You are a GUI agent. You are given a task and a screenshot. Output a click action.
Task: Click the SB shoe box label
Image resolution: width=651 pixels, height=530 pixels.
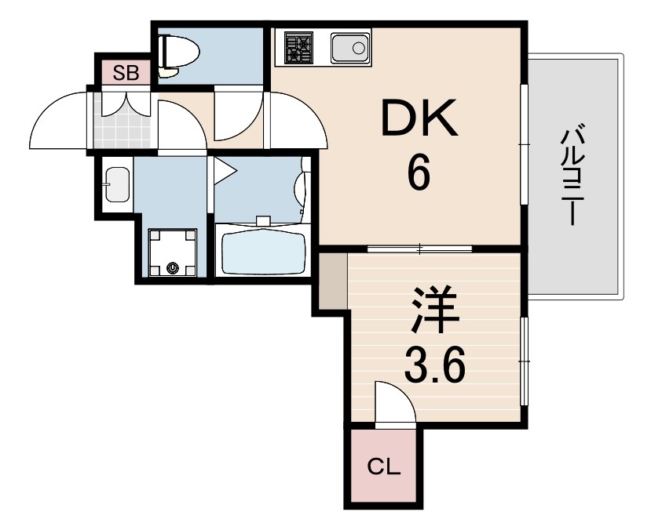126,74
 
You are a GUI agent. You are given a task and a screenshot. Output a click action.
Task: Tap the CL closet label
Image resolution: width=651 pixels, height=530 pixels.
384,467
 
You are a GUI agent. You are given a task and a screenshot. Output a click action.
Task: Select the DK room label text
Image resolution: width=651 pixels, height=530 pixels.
419,118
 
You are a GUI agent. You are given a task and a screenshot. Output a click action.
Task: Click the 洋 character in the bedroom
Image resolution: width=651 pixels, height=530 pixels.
435,312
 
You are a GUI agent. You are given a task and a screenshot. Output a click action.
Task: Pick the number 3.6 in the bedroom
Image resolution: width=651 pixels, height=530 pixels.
434,365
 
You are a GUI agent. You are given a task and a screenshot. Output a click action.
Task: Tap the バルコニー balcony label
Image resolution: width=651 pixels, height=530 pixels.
573,177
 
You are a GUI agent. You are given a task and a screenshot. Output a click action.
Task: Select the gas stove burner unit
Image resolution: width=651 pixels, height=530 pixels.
298,48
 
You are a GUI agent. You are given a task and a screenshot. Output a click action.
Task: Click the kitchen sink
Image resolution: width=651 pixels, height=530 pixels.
350,48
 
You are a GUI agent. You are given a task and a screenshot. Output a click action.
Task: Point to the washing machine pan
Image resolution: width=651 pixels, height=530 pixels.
172,252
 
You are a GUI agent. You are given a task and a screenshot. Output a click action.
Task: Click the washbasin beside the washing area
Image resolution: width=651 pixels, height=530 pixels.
117,184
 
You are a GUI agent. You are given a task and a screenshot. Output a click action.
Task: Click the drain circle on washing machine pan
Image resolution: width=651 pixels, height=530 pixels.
172,267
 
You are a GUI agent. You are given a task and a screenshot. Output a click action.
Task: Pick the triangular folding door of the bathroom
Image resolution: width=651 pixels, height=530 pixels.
224,170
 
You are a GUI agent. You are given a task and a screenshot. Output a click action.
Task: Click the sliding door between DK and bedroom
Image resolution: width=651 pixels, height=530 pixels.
420,249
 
